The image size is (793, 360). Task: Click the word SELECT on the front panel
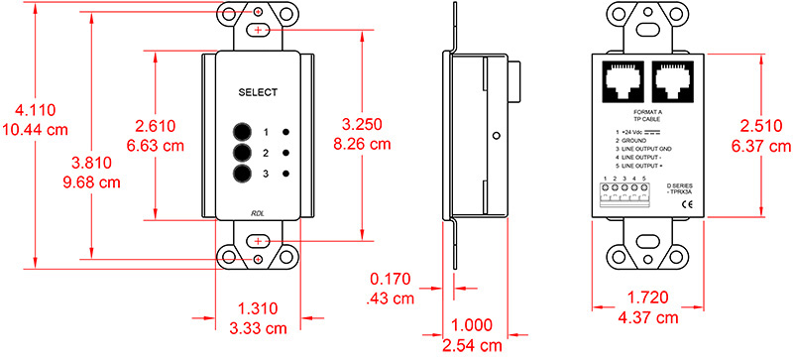(x=258, y=92)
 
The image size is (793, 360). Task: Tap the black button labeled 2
(x=241, y=153)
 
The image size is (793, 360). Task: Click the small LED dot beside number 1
(x=286, y=132)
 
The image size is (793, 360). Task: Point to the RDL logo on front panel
(x=258, y=211)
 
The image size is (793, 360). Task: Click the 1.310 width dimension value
(x=259, y=308)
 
